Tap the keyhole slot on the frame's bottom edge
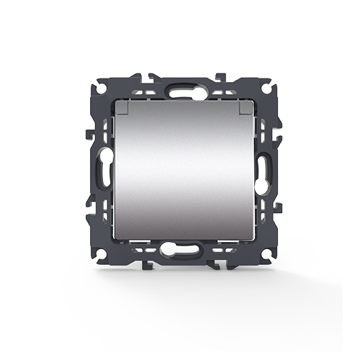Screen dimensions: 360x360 [x=179, y=252]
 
